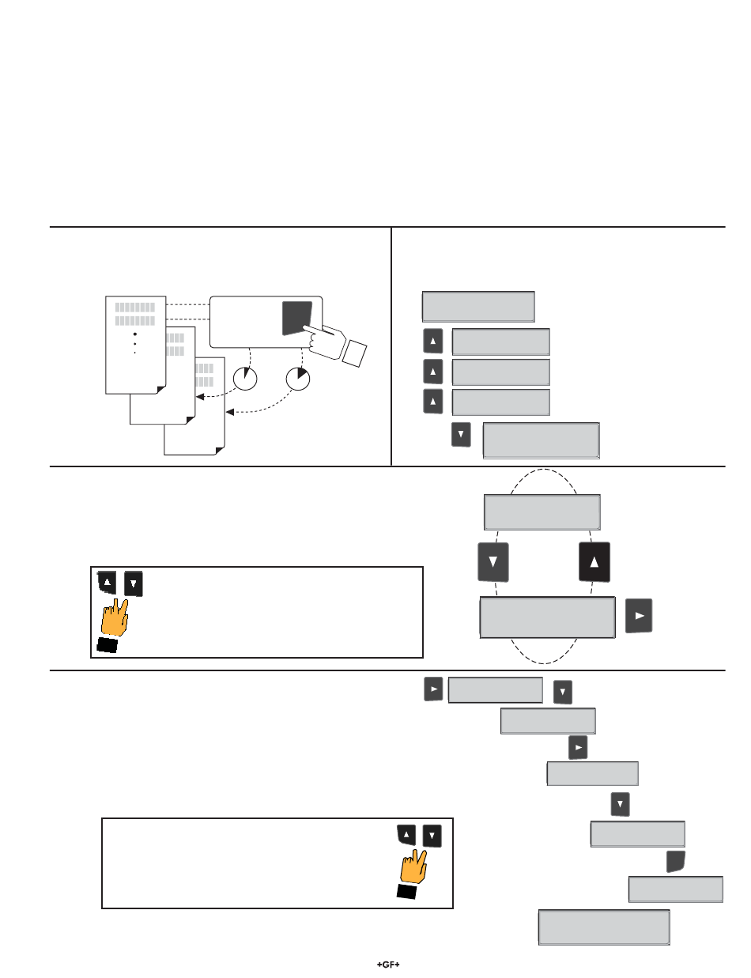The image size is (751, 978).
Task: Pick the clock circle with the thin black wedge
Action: [x=246, y=379]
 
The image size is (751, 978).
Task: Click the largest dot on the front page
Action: [x=135, y=334]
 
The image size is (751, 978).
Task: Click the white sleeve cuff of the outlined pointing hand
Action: [x=353, y=351]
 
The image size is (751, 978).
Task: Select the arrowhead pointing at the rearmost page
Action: [x=228, y=412]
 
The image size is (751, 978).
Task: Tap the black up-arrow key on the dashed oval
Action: [x=595, y=563]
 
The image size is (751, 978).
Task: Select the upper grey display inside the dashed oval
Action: [x=542, y=512]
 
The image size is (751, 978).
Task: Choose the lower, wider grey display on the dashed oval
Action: [x=547, y=617]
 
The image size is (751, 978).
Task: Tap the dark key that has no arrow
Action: [x=675, y=862]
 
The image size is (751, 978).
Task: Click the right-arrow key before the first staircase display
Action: [x=432, y=689]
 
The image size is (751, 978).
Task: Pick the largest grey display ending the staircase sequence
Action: [x=604, y=927]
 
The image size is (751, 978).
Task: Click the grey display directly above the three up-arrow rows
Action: [x=478, y=306]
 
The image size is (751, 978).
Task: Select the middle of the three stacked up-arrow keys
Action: [x=433, y=372]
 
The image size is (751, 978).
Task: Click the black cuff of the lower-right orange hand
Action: [x=406, y=892]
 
